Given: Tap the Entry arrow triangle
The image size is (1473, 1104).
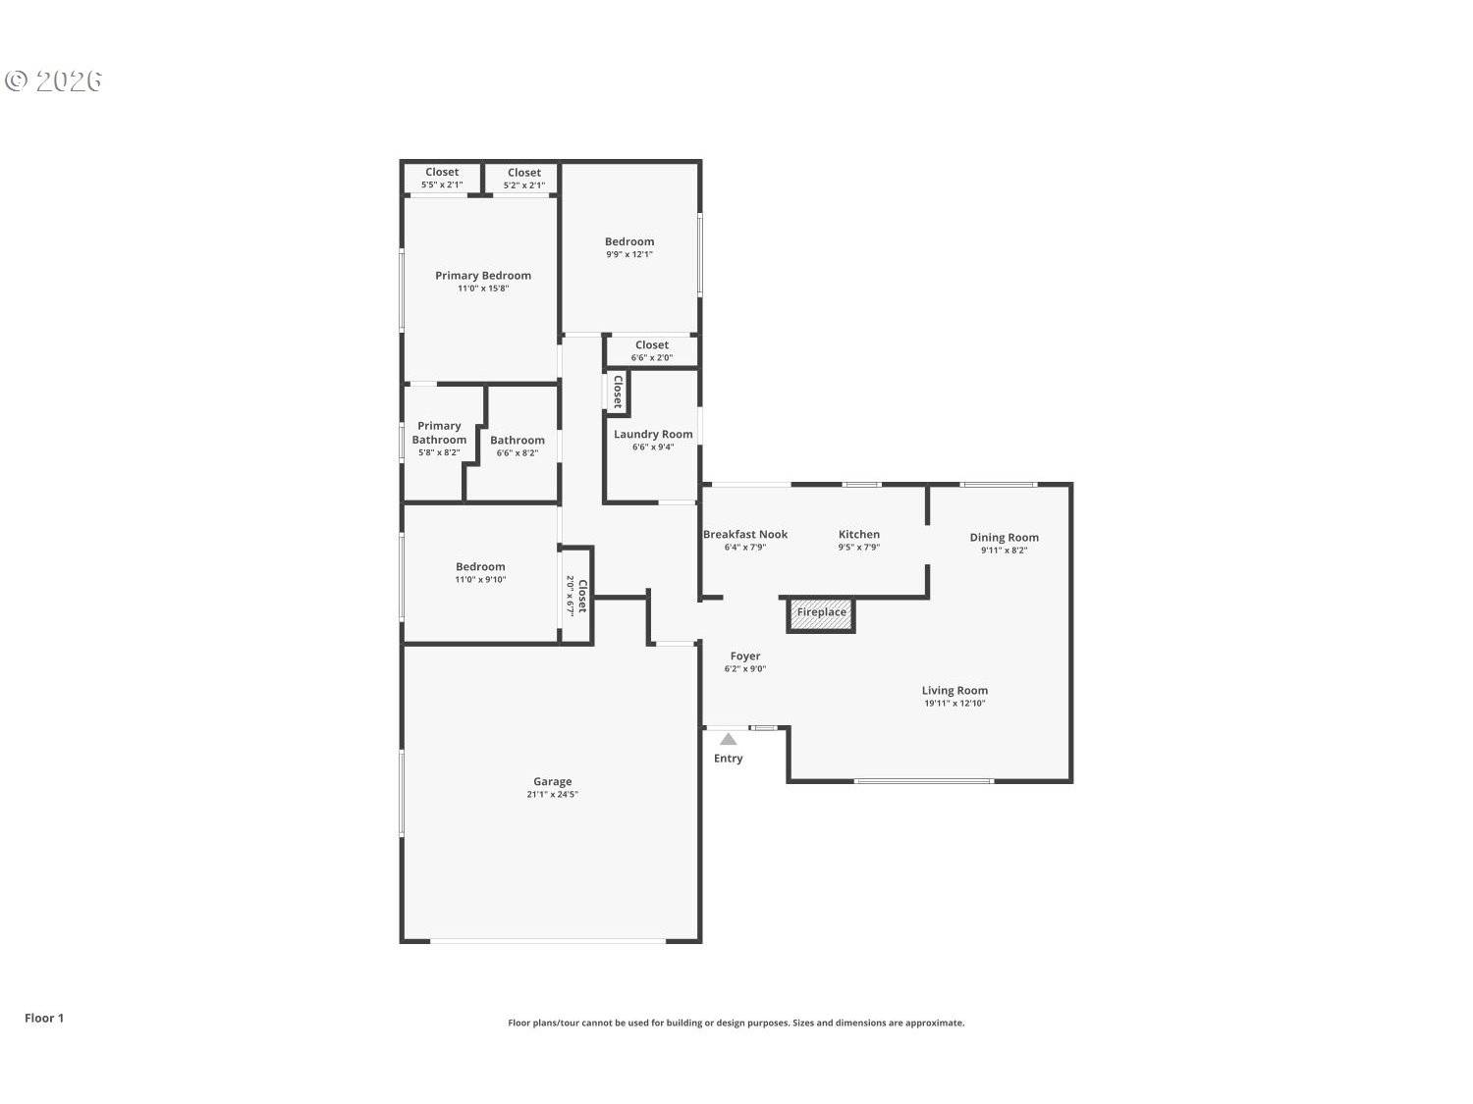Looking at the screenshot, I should click(728, 739).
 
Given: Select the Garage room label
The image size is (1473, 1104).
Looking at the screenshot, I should click(552, 782).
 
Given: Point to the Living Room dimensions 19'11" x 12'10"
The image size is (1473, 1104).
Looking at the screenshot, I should click(954, 704).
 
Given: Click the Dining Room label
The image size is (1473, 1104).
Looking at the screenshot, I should click(1004, 537).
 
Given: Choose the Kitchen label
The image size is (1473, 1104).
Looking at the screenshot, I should click(858, 534).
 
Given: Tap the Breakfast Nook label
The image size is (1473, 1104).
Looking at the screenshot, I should click(744, 534).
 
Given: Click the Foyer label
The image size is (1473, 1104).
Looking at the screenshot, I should click(744, 656).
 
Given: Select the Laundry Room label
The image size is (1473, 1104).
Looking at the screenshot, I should click(653, 434).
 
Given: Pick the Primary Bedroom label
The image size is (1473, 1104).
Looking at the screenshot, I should click(483, 276).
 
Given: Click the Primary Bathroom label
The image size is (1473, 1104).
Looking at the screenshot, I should click(439, 433).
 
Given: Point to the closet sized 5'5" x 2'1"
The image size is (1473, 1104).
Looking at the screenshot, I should click(442, 179).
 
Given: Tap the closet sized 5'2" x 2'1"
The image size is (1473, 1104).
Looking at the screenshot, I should click(523, 179).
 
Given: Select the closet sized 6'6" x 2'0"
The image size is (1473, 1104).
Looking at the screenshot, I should click(652, 351).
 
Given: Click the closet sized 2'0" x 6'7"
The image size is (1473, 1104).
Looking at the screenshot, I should click(576, 596).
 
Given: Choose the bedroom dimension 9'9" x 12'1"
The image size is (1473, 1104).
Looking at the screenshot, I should click(629, 254).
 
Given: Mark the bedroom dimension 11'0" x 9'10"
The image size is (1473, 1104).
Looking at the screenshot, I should click(480, 580).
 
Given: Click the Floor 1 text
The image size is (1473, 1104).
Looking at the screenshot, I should click(44, 1018).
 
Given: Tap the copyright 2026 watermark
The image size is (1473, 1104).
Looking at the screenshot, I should click(54, 80).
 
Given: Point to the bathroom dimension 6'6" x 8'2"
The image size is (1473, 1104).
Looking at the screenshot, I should click(517, 453).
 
